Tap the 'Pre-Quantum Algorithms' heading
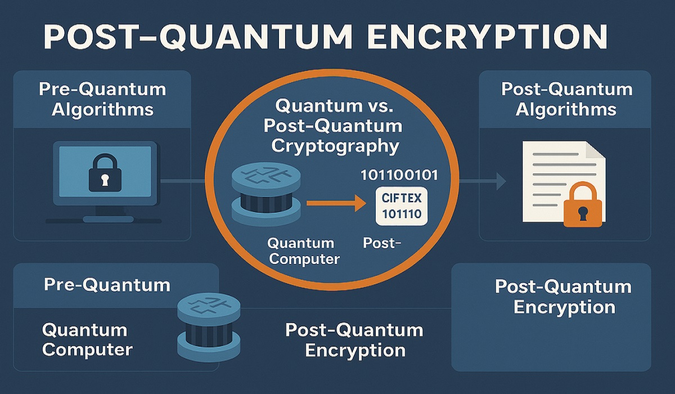(102, 99)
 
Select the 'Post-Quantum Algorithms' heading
(566, 99)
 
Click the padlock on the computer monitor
(105, 174)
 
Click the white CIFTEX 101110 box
(401, 206)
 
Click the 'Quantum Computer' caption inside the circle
(303, 251)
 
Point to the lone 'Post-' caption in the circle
(382, 244)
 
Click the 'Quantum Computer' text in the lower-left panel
(87, 339)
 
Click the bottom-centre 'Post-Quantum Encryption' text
(354, 339)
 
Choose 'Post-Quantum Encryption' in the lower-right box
(563, 297)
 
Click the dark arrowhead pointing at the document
(500, 181)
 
